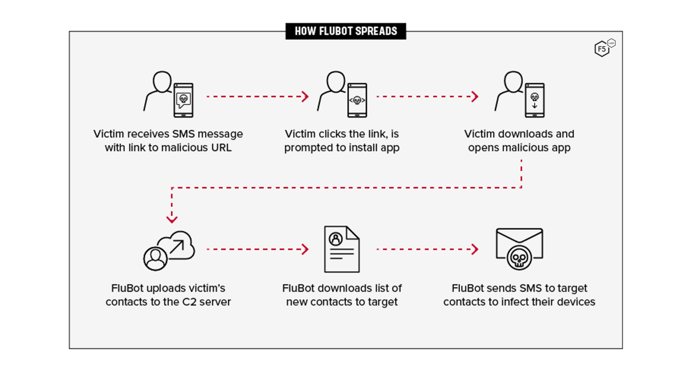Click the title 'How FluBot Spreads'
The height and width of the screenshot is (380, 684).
click(345, 31)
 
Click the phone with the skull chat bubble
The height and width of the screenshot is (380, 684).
click(183, 100)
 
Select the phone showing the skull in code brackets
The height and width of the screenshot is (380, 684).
click(357, 100)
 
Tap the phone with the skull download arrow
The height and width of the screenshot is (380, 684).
click(534, 100)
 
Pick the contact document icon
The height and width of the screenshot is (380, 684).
click(341, 249)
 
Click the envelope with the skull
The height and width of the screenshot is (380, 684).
click(519, 249)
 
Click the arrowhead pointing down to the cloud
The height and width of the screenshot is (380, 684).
click(172, 219)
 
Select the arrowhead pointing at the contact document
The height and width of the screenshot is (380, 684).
click(305, 249)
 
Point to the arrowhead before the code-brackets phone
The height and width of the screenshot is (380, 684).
click(305, 97)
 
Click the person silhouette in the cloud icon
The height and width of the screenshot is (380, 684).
click(154, 258)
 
